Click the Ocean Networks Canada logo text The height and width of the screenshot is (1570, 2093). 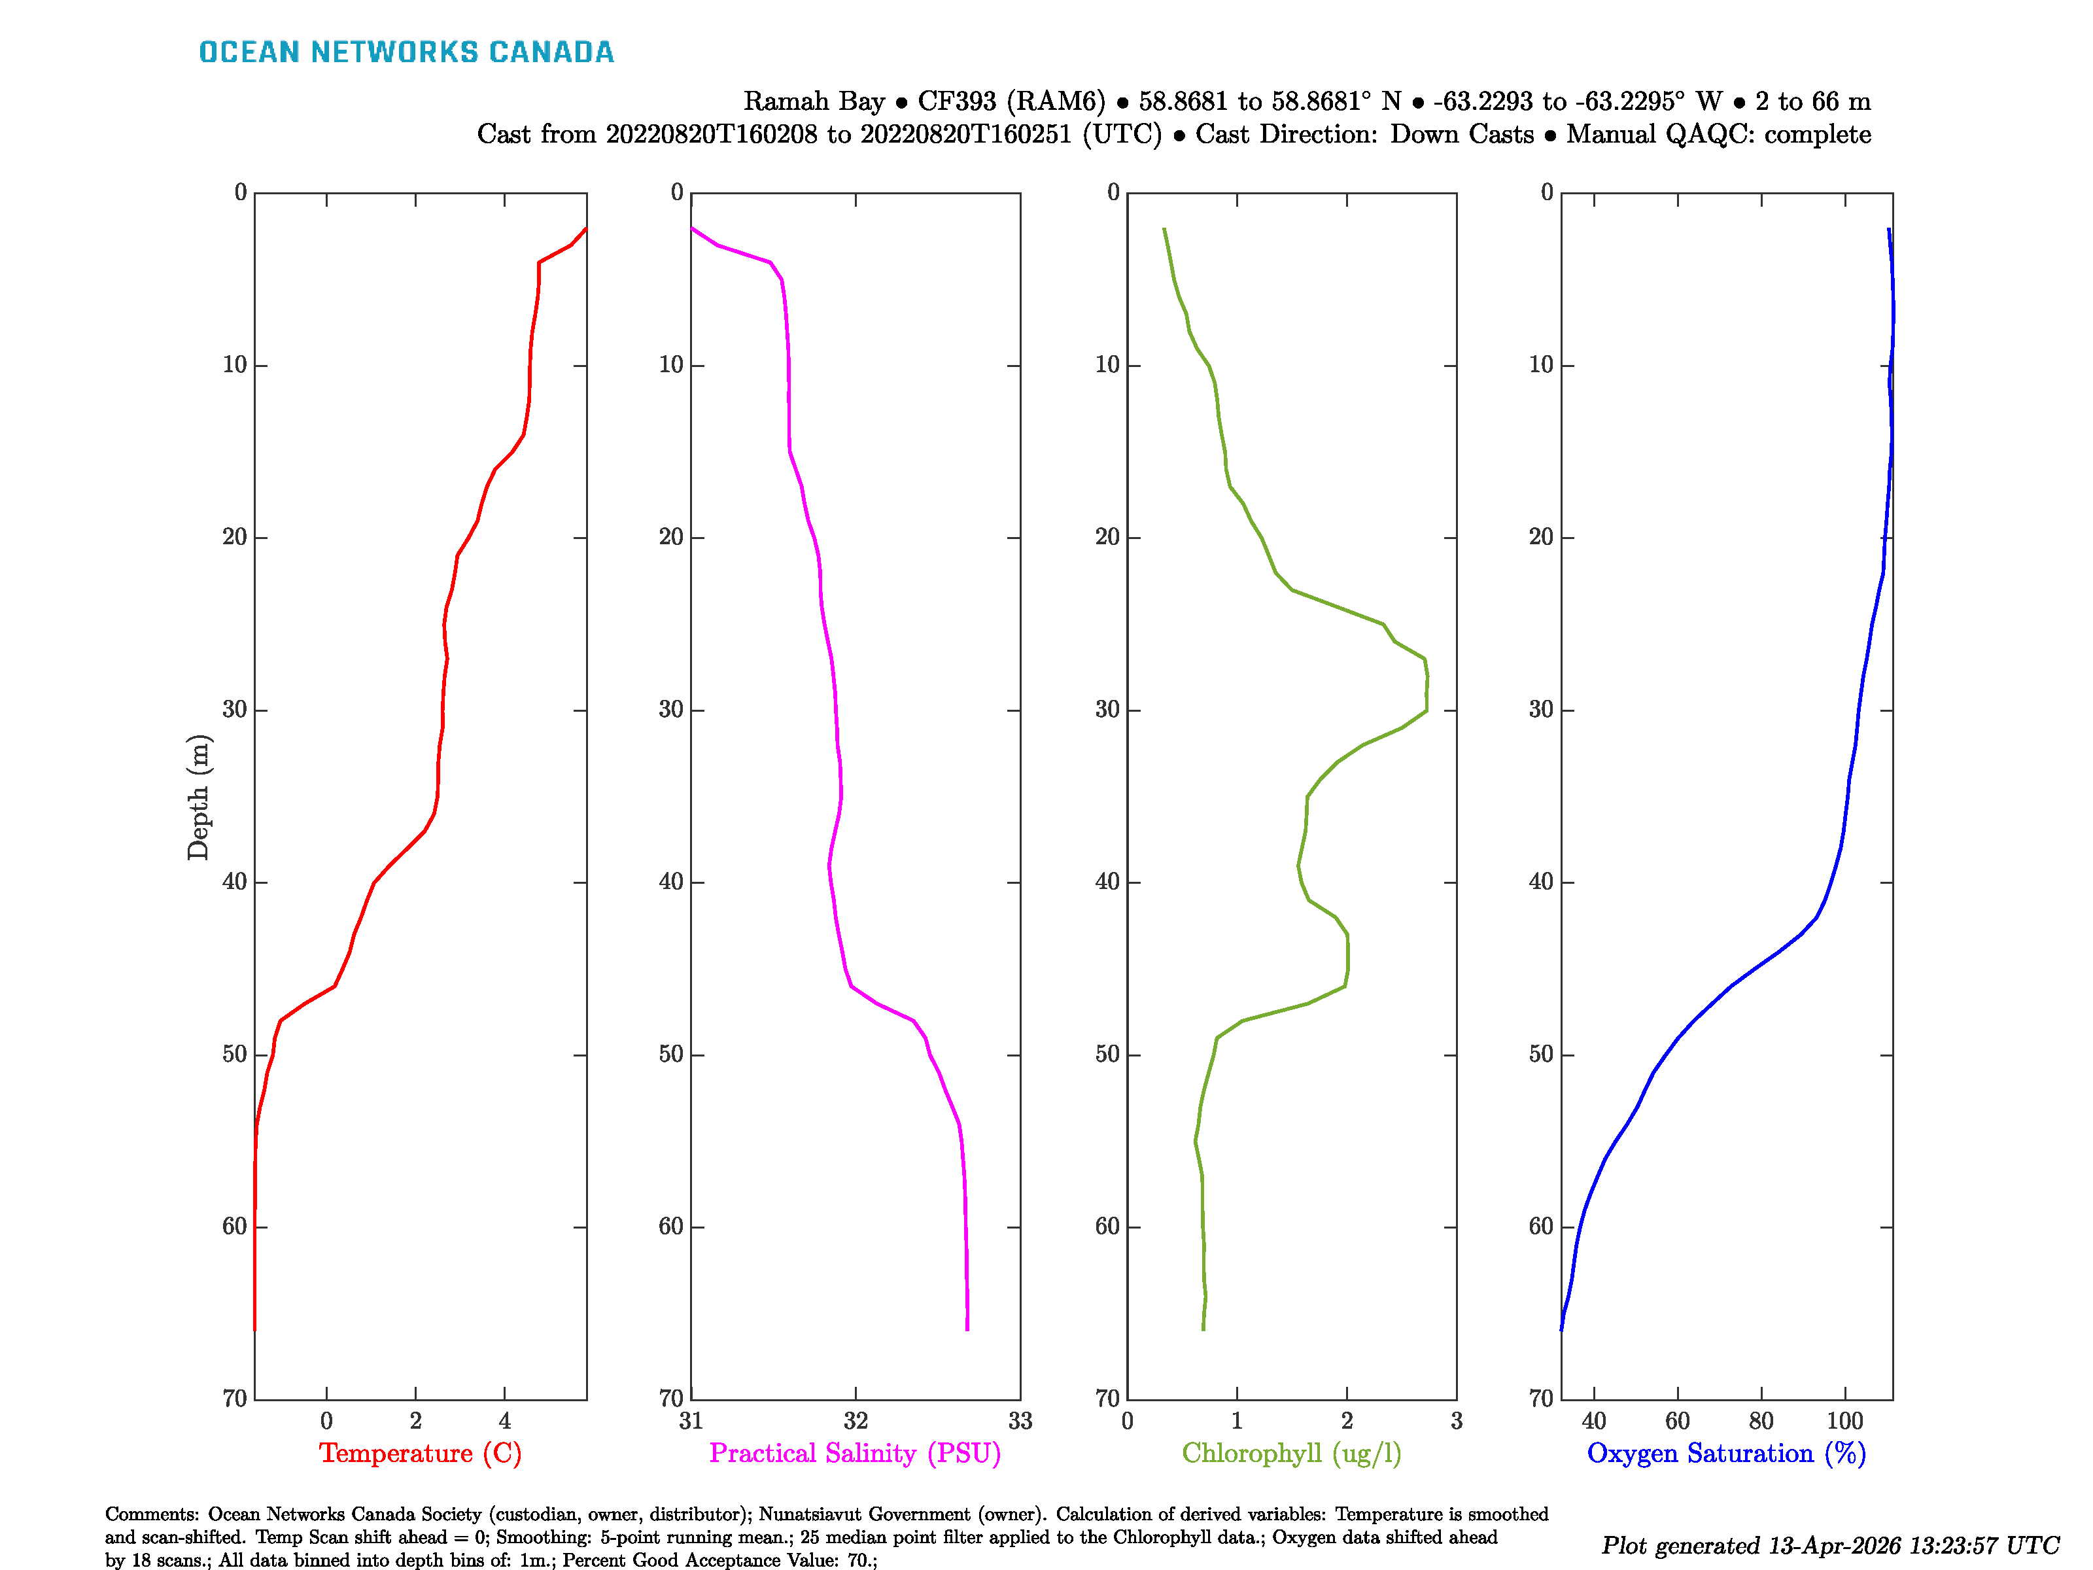tap(406, 52)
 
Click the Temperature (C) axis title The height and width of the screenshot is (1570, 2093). tap(420, 1453)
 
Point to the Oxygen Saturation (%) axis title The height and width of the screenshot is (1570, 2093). tap(1726, 1453)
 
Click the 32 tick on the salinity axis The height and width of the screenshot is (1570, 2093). tap(856, 1420)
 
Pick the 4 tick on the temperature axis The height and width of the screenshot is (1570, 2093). tap(504, 1420)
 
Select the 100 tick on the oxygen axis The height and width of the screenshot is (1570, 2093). tap(1844, 1420)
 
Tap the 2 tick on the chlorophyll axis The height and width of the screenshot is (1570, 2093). tap(1347, 1420)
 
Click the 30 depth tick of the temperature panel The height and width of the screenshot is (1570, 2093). tap(235, 710)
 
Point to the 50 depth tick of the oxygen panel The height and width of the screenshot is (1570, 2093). tap(1542, 1055)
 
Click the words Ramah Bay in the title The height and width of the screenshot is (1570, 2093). tap(814, 101)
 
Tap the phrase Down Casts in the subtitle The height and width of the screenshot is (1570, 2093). tap(1461, 134)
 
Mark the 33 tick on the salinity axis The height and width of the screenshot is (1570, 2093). tap(1020, 1420)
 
